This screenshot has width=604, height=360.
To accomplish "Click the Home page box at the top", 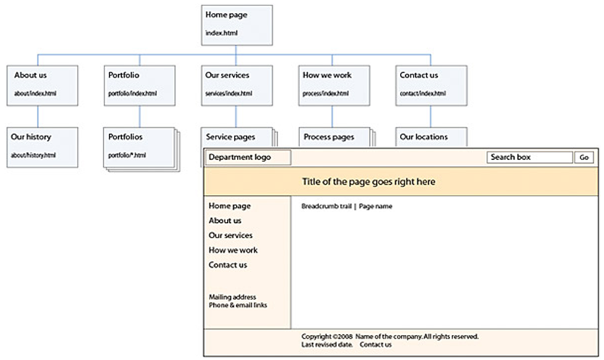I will [235, 24].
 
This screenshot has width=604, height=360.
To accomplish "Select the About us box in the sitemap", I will [44, 84].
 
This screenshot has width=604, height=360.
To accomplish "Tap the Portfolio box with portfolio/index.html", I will [139, 84].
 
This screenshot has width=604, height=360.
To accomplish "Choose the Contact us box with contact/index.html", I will [430, 84].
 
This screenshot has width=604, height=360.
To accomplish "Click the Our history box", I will [43, 145].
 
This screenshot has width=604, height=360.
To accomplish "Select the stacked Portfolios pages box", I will [138, 146].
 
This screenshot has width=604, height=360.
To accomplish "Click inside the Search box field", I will [529, 158].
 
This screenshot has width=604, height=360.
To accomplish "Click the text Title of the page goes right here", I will [369, 183].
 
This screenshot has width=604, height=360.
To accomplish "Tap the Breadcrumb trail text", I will [326, 206].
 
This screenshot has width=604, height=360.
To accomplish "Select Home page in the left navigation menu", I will [229, 206].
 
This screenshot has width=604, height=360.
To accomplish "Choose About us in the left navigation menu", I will [225, 221].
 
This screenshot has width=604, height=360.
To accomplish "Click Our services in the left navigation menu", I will [230, 236].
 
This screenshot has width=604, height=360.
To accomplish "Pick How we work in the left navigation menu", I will [233, 250].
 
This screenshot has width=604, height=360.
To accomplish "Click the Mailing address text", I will [232, 297].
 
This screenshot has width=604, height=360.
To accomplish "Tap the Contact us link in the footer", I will [376, 345].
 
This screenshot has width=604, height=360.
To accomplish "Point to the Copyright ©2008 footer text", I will [327, 336].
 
